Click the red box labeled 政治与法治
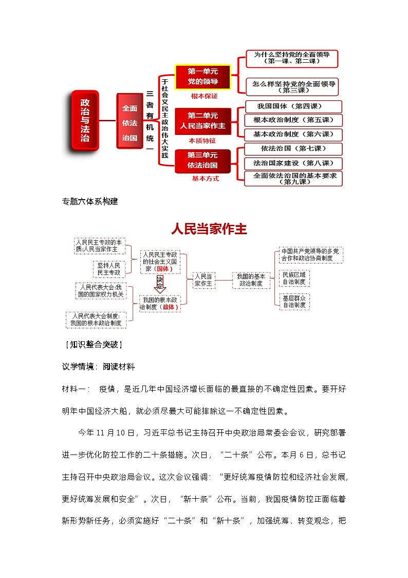(x=84, y=121)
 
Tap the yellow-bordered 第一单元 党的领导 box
(x=202, y=77)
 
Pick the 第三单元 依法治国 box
(x=202, y=160)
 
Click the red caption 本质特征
(x=202, y=140)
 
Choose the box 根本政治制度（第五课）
(x=290, y=120)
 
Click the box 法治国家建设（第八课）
(x=290, y=163)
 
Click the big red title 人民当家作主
(x=209, y=229)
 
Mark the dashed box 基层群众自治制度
(x=293, y=301)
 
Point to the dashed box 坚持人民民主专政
(x=109, y=269)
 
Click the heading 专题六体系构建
(x=90, y=202)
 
